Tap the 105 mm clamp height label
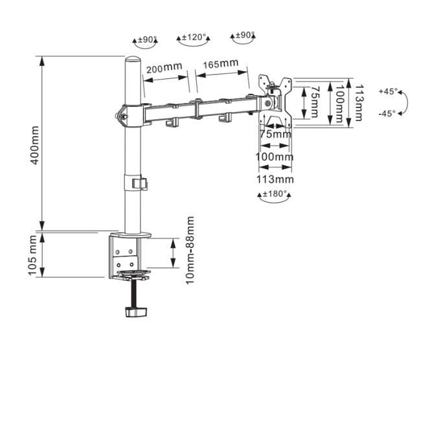(x=34, y=255)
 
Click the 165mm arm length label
(x=220, y=65)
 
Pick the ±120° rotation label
(x=193, y=38)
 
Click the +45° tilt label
(x=388, y=91)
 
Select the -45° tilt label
(x=388, y=113)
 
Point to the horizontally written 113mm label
(x=274, y=179)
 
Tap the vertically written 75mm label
(x=314, y=102)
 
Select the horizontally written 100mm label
(x=274, y=157)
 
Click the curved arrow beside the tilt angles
(x=405, y=102)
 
